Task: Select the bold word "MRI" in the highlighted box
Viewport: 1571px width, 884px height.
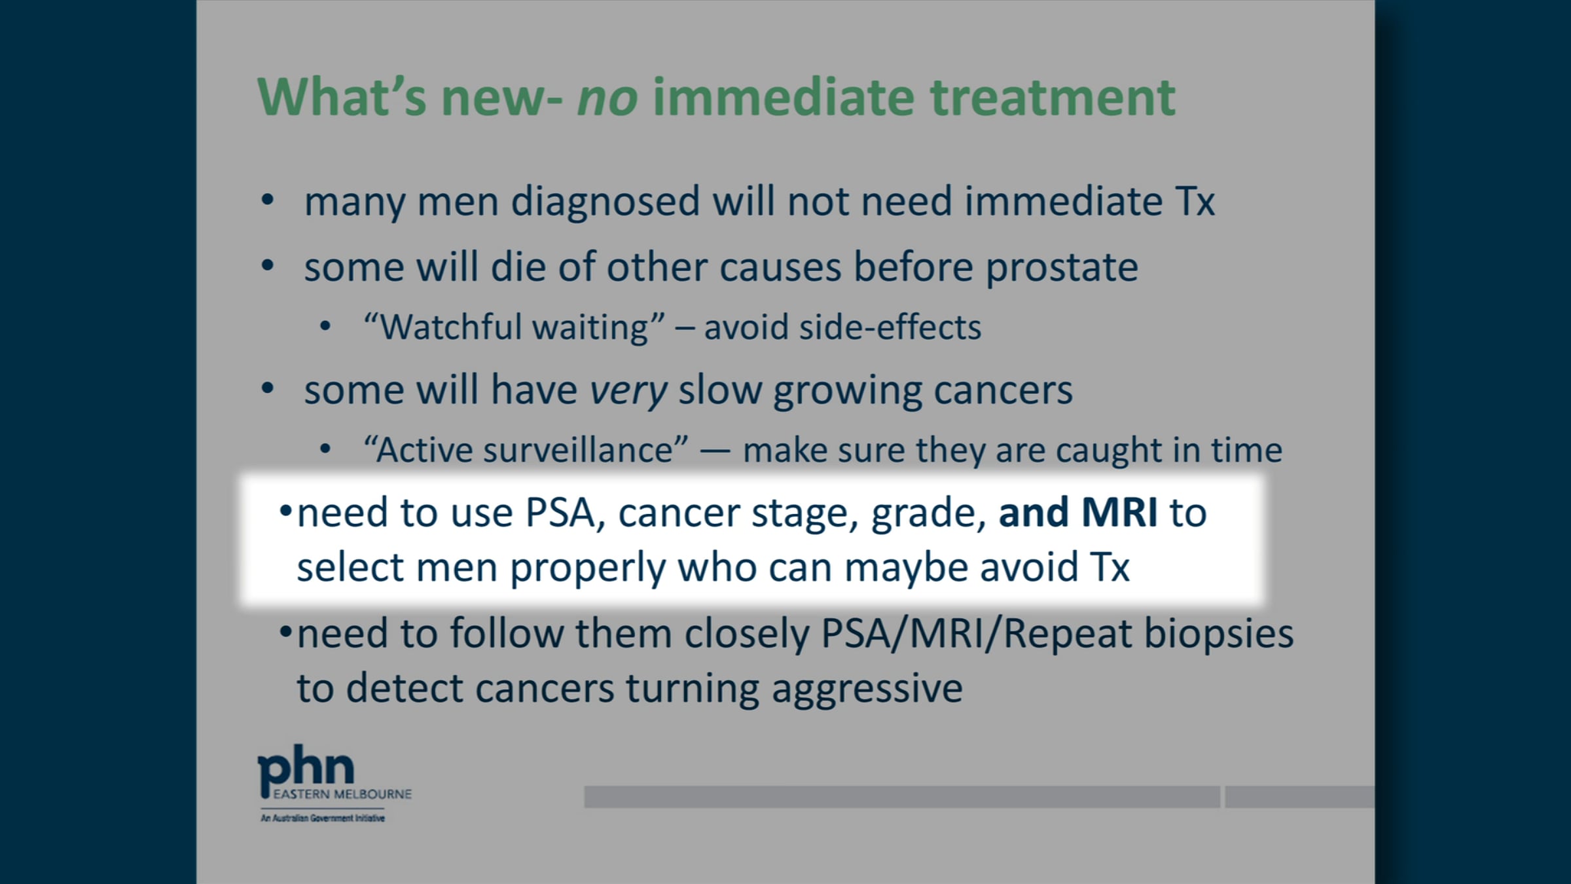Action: click(1119, 512)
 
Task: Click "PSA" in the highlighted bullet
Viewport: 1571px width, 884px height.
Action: click(561, 513)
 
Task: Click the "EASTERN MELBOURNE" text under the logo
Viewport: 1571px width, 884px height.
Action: click(342, 794)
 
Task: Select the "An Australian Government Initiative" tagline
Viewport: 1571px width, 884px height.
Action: click(323, 818)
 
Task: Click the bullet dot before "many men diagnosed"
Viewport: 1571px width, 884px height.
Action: click(267, 200)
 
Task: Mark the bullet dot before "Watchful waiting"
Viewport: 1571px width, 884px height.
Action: click(325, 326)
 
